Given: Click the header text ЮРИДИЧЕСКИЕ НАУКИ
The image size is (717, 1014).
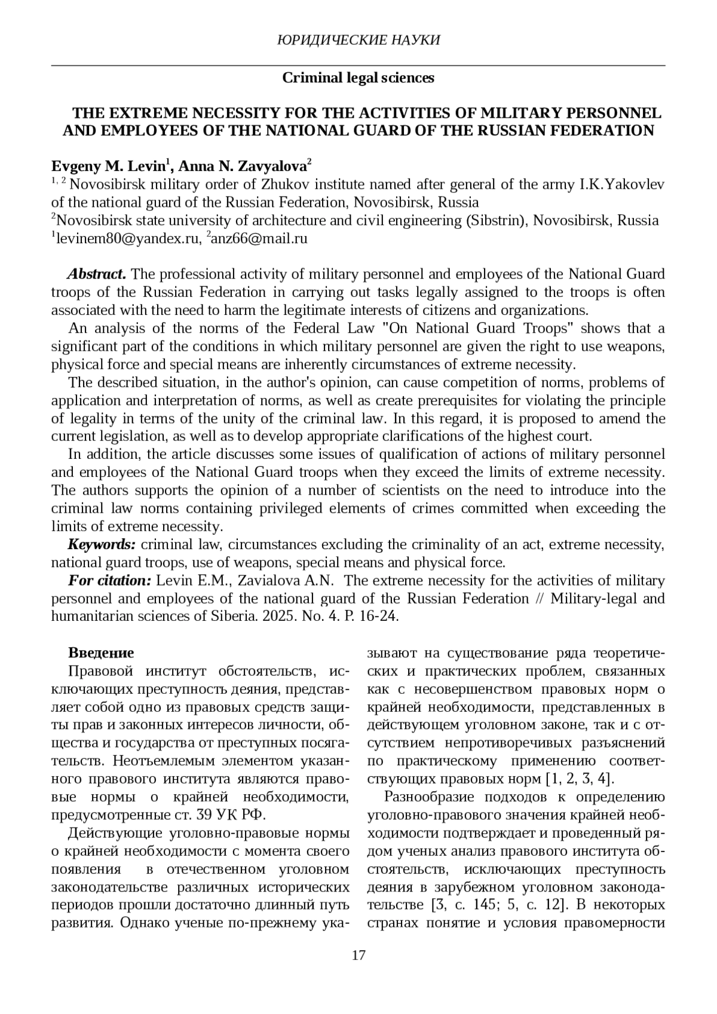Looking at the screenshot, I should point(358,40).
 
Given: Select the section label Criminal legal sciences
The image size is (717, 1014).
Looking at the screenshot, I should point(358,78).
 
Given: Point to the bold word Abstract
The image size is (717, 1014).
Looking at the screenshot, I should point(96,274).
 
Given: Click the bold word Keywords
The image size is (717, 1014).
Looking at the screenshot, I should point(102,544).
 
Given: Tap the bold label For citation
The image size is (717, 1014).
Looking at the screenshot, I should point(110,581).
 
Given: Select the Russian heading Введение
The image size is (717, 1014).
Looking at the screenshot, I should point(101,652).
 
